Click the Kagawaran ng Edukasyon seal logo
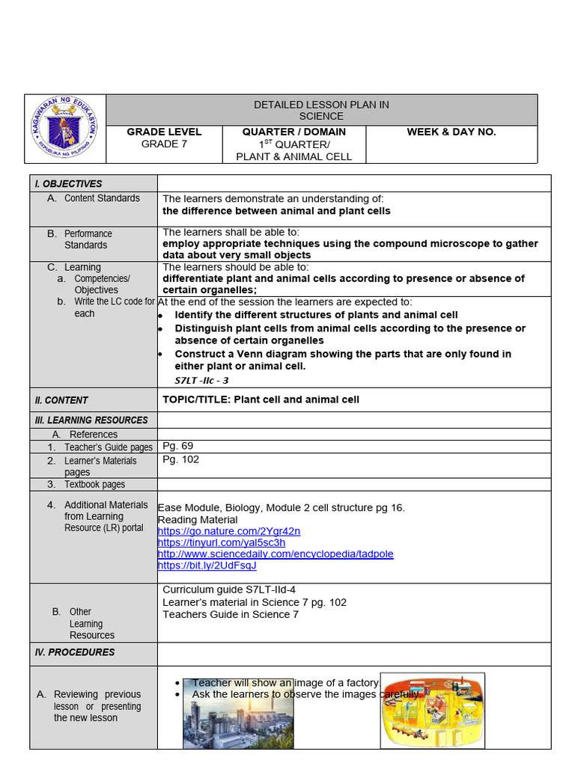[65, 129]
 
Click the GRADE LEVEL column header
[164, 132]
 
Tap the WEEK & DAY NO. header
[451, 132]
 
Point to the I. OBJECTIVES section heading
[68, 184]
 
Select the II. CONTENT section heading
[61, 400]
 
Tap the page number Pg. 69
[177, 446]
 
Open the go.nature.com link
[228, 531]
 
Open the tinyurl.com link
[221, 542]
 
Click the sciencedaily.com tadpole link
[275, 554]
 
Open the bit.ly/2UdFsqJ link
[207, 565]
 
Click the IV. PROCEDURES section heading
[75, 652]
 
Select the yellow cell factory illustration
[432, 711]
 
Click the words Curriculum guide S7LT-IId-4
[234, 589]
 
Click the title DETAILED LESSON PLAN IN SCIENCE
[321, 110]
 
